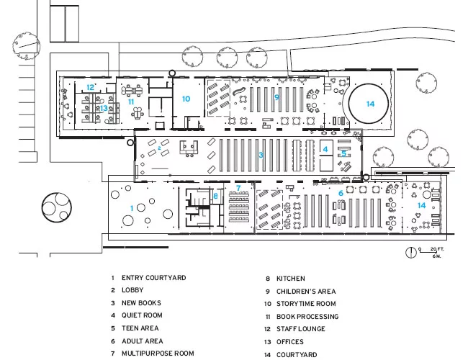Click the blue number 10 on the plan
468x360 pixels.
pos(186,99)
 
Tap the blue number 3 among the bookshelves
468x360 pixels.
pos(261,155)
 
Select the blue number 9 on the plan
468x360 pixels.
pos(276,97)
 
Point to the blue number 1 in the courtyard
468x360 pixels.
pos(132,208)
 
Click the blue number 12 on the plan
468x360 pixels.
pos(90,87)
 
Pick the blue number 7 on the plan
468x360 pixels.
pos(238,188)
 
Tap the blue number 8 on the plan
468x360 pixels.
pos(215,196)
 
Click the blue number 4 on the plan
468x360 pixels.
pos(325,149)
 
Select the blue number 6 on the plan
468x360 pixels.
pos(341,194)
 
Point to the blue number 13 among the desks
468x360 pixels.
pos(104,108)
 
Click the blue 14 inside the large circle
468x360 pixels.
pos(370,104)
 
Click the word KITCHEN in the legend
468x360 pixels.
pos(290,279)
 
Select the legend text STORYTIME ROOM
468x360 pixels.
pos(306,304)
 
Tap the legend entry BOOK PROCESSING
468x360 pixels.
pos(307,316)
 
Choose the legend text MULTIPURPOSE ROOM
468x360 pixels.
pos(158,354)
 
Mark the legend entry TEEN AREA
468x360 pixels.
pos(140,328)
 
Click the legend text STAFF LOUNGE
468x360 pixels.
pos(300,329)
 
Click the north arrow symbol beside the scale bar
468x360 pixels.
pos(410,252)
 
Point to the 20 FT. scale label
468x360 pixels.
pos(437,249)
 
